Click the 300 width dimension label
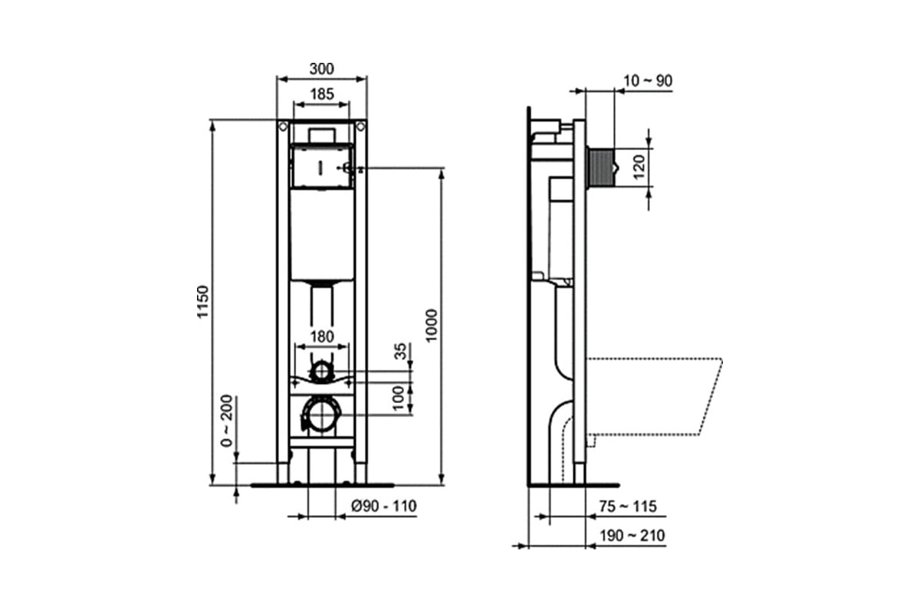pos(321,68)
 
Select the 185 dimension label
pos(322,94)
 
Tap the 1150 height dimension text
pos(203,302)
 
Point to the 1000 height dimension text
pos(432,326)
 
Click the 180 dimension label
pos(322,336)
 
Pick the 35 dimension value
pos(400,352)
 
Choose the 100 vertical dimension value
pos(399,398)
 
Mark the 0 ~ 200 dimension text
pos(227,421)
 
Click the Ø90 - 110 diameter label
pos(383,506)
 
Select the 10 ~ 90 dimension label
pos(648,81)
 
